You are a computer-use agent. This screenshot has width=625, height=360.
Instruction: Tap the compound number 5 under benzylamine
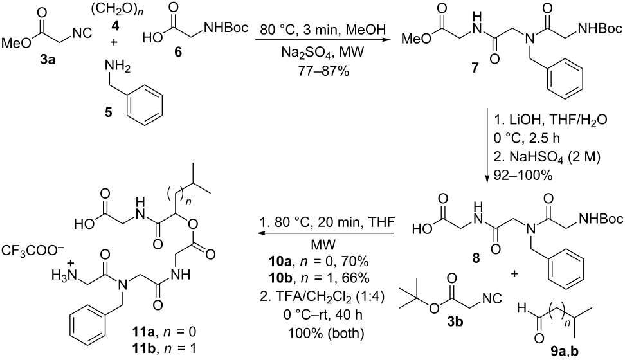click(x=108, y=113)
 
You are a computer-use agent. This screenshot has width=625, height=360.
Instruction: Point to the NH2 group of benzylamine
click(x=118, y=69)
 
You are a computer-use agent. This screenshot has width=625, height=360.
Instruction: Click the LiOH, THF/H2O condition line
click(x=550, y=120)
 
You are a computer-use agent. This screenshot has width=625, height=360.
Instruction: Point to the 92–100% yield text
click(x=523, y=175)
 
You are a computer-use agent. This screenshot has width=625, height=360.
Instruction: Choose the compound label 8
click(x=476, y=258)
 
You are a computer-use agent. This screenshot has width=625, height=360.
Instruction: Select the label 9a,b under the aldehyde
click(x=565, y=351)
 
